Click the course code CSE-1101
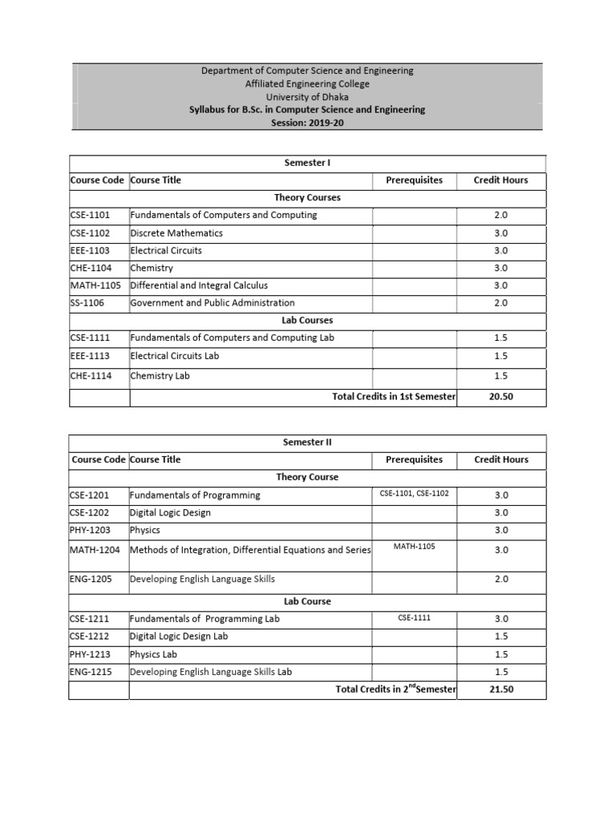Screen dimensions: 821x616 pyautogui.click(x=90, y=215)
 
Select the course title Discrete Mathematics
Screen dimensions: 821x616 pyautogui.click(x=176, y=233)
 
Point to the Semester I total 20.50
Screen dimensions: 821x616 pyautogui.click(x=500, y=397)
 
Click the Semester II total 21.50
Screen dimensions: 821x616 pyautogui.click(x=500, y=690)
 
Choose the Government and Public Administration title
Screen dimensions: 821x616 pyautogui.click(x=213, y=303)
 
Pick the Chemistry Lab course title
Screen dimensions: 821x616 pyautogui.click(x=160, y=375)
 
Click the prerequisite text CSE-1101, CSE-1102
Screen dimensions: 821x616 pyautogui.click(x=414, y=494)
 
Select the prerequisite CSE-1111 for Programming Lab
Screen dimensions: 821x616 pyautogui.click(x=414, y=618)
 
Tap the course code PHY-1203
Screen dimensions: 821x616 pyautogui.click(x=90, y=530)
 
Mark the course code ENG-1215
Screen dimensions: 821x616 pyautogui.click(x=90, y=672)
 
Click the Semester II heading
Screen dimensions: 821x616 pyautogui.click(x=307, y=442)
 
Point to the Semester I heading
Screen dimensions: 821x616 pyautogui.click(x=307, y=163)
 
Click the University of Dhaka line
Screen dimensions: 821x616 pyautogui.click(x=307, y=96)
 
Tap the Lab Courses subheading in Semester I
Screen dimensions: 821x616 pyautogui.click(x=307, y=321)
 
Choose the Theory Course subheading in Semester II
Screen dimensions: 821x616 pyautogui.click(x=307, y=477)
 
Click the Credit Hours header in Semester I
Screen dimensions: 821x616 pyautogui.click(x=500, y=180)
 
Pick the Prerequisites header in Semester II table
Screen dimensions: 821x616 pyautogui.click(x=414, y=459)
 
